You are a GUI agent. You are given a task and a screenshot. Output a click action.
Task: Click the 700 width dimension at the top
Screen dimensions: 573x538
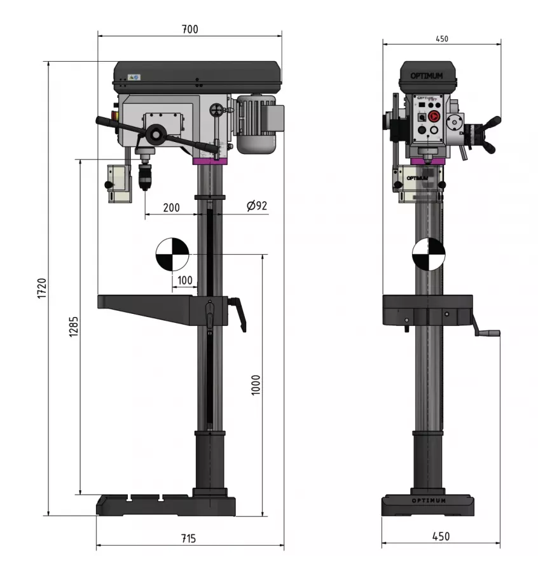190,29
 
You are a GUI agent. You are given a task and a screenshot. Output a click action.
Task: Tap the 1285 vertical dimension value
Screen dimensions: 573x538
73,327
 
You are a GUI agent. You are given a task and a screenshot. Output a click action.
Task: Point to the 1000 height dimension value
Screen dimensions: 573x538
256,385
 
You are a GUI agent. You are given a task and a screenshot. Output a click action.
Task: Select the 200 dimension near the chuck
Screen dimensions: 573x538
170,208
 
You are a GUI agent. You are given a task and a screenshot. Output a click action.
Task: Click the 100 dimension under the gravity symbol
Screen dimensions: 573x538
184,280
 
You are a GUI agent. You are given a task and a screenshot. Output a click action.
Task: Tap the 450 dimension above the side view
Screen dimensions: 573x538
441,39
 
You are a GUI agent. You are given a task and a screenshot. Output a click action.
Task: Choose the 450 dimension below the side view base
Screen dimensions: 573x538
440,537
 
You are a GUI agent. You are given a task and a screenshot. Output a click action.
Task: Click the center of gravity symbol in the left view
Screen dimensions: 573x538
172,254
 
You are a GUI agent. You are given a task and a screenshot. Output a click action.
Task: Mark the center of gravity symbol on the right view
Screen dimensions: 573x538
429,254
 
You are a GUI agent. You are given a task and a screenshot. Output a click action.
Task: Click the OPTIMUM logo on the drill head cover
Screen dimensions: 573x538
427,76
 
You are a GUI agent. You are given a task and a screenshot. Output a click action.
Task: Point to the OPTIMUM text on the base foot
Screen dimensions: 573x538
429,500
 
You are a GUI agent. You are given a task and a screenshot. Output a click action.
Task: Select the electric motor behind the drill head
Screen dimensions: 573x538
258,124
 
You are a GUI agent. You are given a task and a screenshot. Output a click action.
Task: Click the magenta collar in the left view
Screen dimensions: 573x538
210,161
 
